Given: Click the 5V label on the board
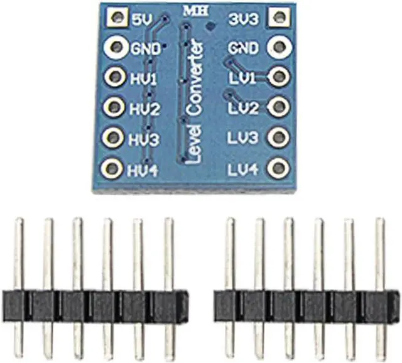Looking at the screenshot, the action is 140,18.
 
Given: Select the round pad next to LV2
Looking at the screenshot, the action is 277,107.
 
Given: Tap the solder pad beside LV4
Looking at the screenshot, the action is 277,168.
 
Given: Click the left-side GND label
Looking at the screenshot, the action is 146,48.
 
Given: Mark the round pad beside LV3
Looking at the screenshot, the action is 277,138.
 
